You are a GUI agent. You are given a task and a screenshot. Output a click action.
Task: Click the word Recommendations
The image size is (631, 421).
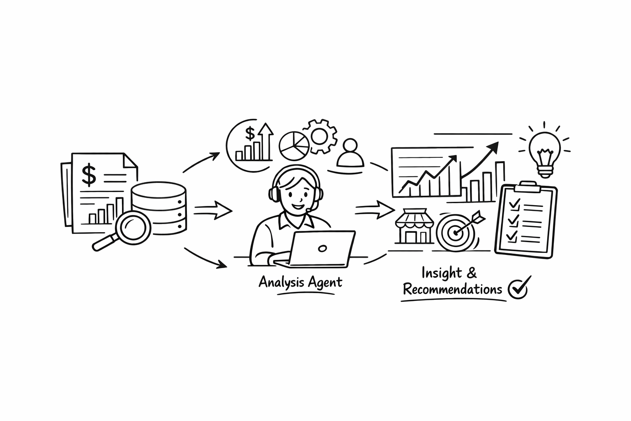coord(452,289)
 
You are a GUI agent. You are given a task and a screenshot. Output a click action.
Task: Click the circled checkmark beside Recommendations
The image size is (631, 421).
coord(518,288)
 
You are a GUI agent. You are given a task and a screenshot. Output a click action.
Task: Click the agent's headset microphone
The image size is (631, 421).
coord(309,210)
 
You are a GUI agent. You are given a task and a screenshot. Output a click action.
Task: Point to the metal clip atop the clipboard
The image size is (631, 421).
coord(528,187)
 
